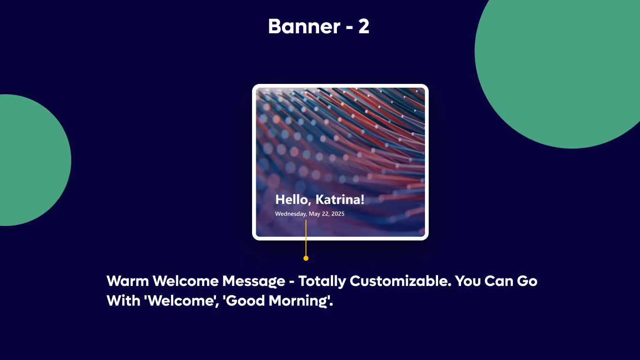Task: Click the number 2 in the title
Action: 364,27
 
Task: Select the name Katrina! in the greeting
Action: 340,200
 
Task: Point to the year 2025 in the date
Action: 337,214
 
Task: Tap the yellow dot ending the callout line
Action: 306,258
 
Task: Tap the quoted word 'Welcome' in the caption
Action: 181,300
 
